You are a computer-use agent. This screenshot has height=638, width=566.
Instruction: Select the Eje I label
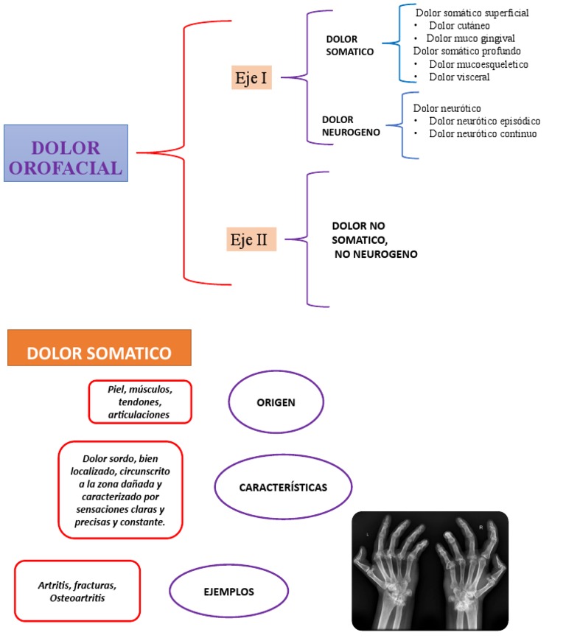(251, 77)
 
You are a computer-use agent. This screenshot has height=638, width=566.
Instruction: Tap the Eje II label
(251, 239)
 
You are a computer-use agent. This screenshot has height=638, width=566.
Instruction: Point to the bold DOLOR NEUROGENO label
(351, 126)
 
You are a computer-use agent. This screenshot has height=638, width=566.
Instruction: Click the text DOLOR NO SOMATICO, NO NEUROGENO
(374, 239)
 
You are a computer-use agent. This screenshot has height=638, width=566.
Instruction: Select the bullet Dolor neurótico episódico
(484, 121)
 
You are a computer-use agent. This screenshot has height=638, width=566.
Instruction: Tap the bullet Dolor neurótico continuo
(483, 133)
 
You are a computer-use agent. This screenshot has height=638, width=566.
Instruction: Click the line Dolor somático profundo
(467, 51)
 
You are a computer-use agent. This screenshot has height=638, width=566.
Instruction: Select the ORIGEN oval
(276, 402)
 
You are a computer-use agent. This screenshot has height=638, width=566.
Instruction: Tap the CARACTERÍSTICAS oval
(283, 488)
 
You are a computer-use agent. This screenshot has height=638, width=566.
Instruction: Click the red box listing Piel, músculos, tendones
(139, 402)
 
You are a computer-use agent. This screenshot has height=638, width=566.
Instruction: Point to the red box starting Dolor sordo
(120, 489)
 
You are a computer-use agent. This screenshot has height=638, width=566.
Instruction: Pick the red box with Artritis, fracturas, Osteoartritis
(77, 591)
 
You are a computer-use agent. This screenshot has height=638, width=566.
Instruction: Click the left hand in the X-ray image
(394, 571)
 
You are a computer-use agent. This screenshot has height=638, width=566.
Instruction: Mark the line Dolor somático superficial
(472, 13)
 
